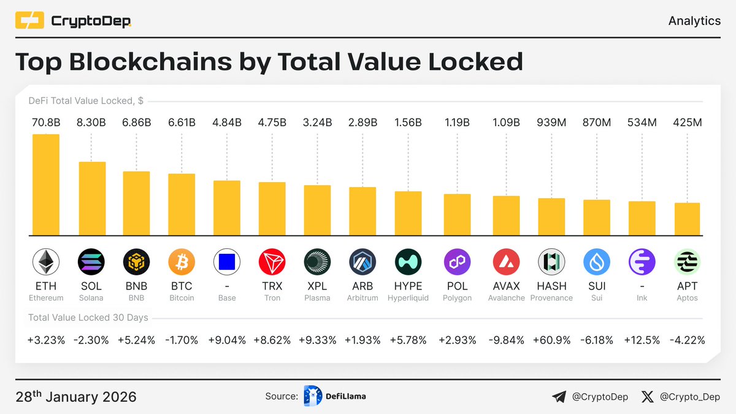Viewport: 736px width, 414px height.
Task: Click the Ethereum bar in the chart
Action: pos(46,184)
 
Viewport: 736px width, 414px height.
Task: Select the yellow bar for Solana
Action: pos(91,198)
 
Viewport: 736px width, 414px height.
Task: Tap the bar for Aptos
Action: pos(687,218)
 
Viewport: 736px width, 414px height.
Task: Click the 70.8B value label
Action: pos(46,123)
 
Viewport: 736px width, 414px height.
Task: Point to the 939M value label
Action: pos(551,123)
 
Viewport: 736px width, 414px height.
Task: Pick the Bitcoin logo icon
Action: pos(182,263)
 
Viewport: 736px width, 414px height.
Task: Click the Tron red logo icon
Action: pos(272,263)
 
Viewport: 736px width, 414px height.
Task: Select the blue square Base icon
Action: pos(227,263)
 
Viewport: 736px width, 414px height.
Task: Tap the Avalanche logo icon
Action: pos(506,263)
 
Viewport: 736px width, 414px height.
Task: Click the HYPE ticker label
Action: pos(408,286)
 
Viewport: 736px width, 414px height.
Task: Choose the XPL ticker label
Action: pos(317,286)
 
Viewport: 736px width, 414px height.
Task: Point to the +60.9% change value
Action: pos(551,340)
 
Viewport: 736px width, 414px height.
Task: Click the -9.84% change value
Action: pos(506,340)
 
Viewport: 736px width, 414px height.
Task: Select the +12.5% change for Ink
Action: pos(642,340)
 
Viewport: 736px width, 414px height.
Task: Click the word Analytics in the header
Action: pos(694,21)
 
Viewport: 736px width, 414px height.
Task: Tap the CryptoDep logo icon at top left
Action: pos(29,21)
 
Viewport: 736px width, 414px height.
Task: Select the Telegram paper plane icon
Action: pos(559,397)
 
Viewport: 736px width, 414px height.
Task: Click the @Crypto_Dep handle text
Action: pos(690,397)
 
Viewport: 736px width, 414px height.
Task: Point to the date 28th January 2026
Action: pos(75,397)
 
